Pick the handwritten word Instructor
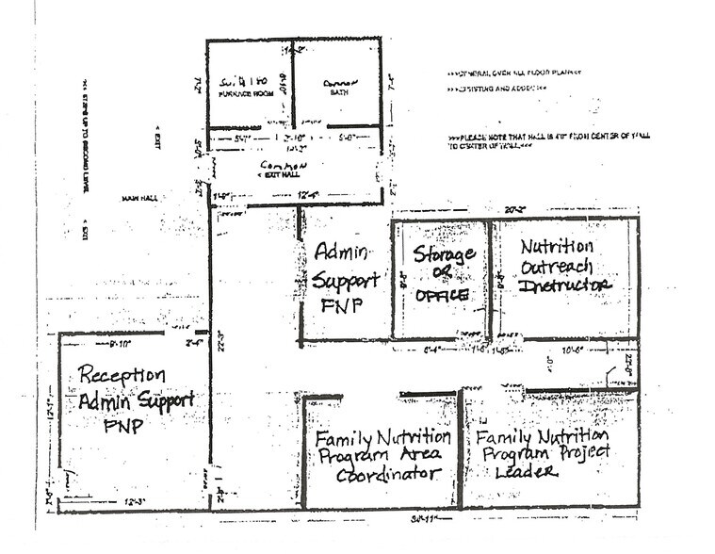pos(565,285)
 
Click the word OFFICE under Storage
pos(443,295)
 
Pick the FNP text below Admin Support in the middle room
pos(334,306)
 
